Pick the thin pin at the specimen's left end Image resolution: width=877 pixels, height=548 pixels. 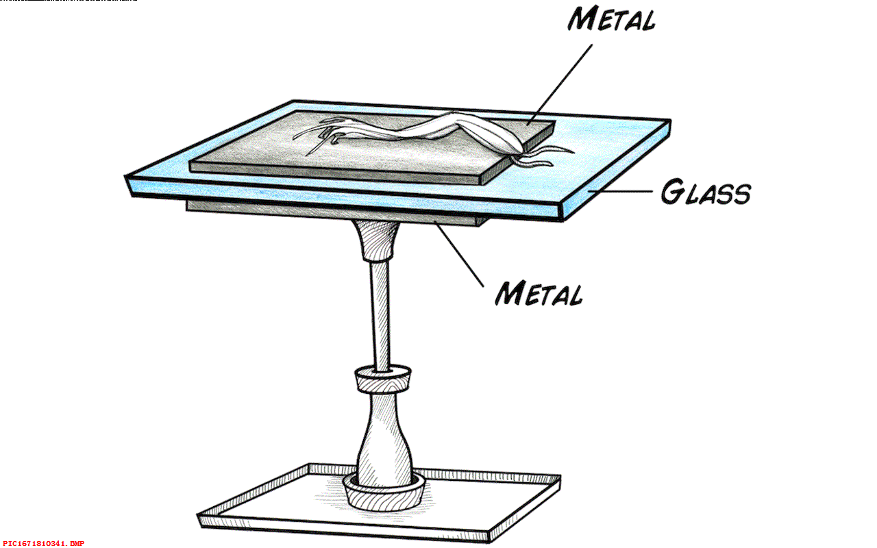316,146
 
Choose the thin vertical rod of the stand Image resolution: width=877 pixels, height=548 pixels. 379,315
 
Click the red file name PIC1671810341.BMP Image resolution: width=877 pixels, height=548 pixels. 43,543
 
